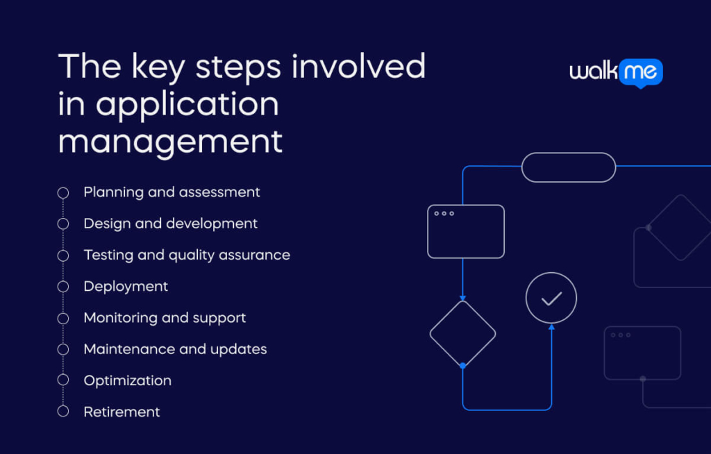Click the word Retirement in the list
(x=122, y=412)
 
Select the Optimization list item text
(x=127, y=380)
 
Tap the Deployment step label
(x=126, y=286)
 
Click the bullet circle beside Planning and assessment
(x=63, y=192)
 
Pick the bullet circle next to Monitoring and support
(x=63, y=318)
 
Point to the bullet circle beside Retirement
(x=63, y=412)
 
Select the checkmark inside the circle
(x=551, y=299)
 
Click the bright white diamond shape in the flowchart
(x=462, y=333)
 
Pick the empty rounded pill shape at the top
(x=568, y=167)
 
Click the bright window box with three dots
(x=465, y=231)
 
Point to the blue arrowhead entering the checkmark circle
(x=551, y=327)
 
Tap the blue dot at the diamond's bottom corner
(x=462, y=365)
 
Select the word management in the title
(x=170, y=141)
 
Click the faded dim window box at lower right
(x=642, y=353)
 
